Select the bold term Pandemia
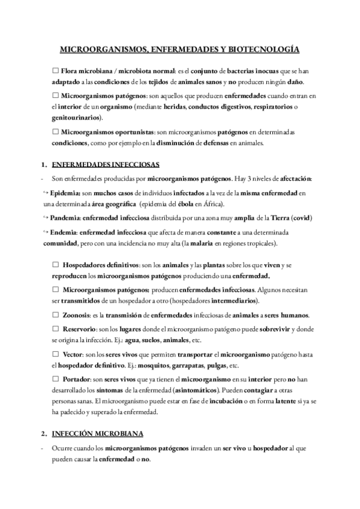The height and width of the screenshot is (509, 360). pos(65,218)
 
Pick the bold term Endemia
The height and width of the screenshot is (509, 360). pos(63,232)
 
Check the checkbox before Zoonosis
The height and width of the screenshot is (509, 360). pos(56,315)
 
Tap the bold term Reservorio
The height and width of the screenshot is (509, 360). pos(79,330)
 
